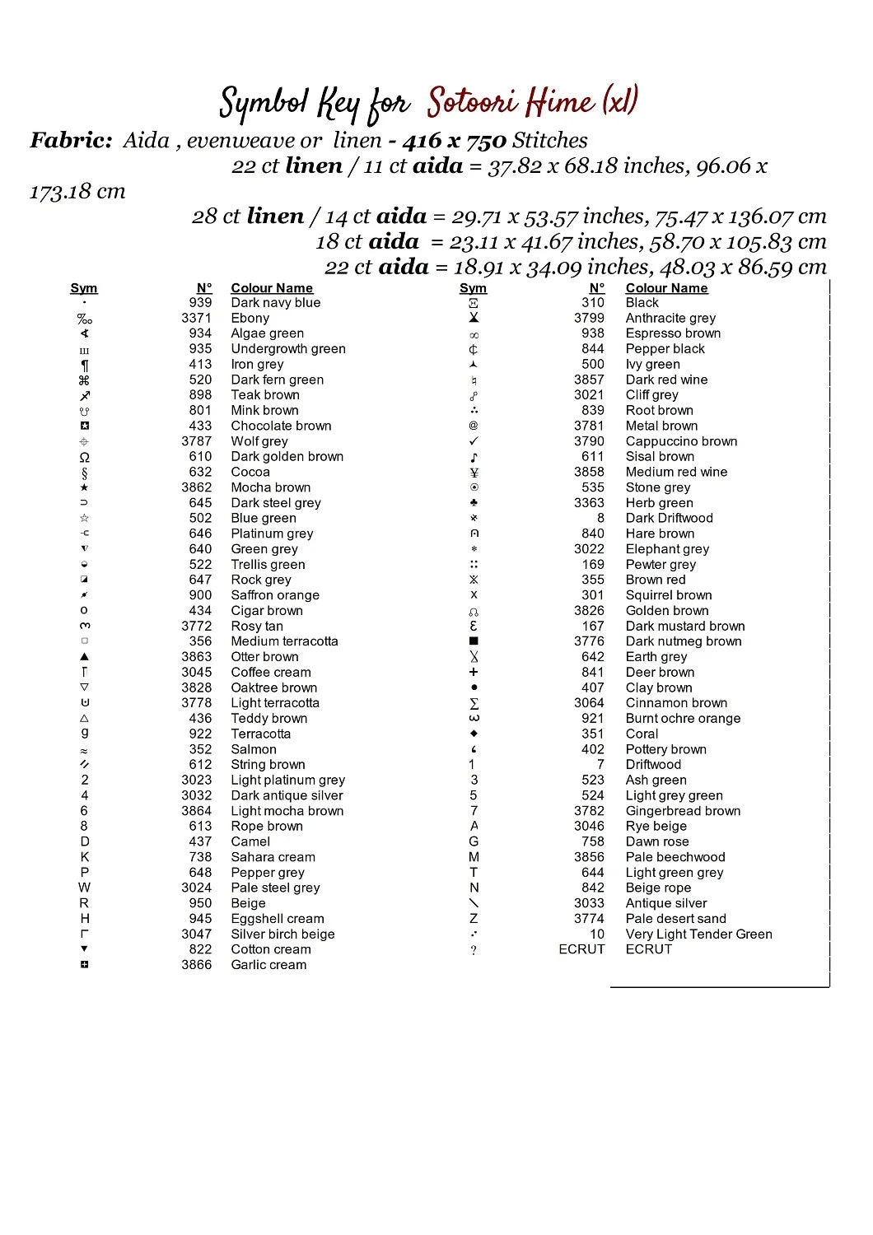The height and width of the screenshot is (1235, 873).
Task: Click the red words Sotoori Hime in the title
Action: (x=511, y=103)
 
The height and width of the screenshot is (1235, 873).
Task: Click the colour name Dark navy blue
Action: (x=276, y=303)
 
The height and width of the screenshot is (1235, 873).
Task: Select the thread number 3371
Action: (x=197, y=318)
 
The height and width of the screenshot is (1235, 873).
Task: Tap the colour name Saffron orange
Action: (x=275, y=595)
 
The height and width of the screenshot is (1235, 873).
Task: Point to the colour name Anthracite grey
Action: (x=670, y=318)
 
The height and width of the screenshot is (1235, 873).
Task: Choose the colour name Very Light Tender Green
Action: (x=698, y=934)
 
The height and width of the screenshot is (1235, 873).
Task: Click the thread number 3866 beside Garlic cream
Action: (x=197, y=965)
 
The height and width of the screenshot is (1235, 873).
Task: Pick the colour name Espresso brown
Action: (x=673, y=333)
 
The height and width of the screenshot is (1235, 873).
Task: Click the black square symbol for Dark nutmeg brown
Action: (x=474, y=641)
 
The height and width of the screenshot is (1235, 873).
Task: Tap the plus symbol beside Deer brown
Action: (x=474, y=672)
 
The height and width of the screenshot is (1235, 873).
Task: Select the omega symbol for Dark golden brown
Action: (x=84, y=457)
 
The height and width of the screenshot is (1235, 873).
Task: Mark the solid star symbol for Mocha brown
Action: (x=84, y=487)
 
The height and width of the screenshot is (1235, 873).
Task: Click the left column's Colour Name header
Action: (x=272, y=288)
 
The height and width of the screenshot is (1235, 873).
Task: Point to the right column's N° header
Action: (x=597, y=288)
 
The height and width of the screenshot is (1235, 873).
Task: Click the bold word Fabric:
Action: (x=71, y=141)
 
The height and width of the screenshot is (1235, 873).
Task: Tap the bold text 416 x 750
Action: (x=454, y=142)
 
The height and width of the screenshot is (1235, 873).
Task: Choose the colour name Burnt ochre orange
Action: (x=683, y=719)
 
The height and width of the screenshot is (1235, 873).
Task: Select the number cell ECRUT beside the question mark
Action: (x=581, y=949)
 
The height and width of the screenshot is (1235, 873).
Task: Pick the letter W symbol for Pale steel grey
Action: (x=84, y=888)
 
